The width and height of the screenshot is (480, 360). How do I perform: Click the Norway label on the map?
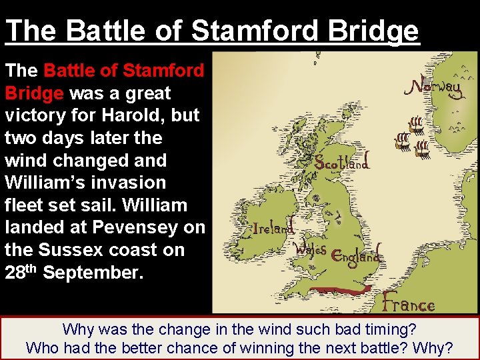coord(435,88)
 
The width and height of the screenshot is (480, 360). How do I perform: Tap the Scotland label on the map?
coord(341,162)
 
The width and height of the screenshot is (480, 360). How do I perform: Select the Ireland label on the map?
coord(273,227)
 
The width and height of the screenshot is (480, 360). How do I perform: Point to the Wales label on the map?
coord(311,249)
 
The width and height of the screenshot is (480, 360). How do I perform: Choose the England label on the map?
coord(357,255)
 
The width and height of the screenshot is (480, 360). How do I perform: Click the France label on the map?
coord(408,305)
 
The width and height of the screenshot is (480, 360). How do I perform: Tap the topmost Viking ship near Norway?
coord(415,124)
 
